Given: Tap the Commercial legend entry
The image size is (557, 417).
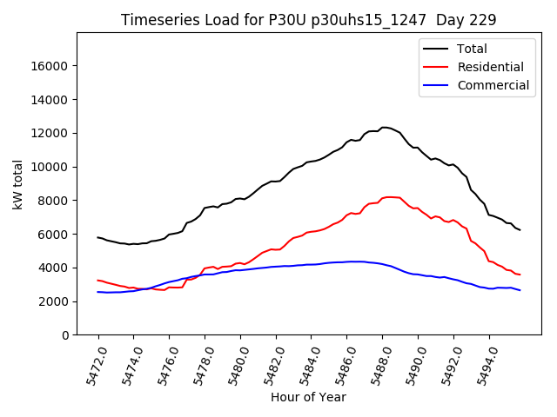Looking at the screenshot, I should point(493,85).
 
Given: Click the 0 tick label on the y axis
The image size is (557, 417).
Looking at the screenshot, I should point(65,335).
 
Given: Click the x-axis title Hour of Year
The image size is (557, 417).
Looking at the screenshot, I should point(308,397).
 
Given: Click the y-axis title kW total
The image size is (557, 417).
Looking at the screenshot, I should point(17,184).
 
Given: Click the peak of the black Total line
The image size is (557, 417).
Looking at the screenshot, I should point(385,127).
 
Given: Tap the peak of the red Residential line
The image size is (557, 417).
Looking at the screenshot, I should point(390,196).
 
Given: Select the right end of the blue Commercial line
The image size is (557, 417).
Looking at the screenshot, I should point(520,290).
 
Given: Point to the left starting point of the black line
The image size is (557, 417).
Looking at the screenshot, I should point(97,237).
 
